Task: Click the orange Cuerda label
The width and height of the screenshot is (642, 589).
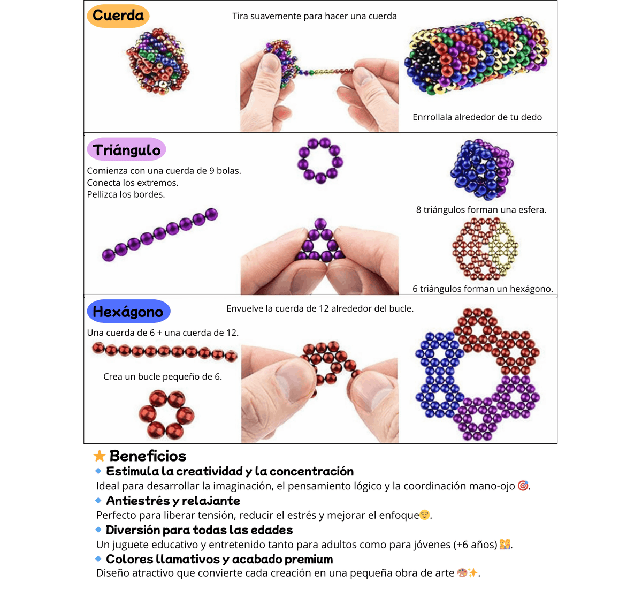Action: tap(118, 16)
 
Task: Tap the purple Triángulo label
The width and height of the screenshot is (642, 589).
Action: tap(126, 149)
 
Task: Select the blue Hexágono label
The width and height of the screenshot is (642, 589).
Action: tap(128, 311)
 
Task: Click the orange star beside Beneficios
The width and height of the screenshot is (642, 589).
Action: tap(100, 456)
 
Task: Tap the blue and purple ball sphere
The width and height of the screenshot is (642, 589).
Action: tap(481, 170)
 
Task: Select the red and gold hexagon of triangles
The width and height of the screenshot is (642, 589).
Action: tap(485, 249)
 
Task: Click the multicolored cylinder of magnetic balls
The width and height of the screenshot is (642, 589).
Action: tap(477, 55)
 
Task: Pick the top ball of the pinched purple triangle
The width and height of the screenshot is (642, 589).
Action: tap(320, 224)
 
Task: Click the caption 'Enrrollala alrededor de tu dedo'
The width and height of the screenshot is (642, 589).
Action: tap(477, 117)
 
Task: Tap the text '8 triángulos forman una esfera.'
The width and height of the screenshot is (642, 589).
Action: tap(481, 209)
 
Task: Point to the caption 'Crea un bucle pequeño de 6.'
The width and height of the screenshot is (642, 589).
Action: tap(163, 376)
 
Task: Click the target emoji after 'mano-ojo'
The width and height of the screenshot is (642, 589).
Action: tap(523, 486)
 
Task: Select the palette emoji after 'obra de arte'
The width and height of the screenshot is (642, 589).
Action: tap(462, 572)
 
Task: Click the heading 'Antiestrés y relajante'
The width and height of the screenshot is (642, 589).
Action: tap(173, 501)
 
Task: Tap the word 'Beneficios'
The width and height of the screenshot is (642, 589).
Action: tap(148, 456)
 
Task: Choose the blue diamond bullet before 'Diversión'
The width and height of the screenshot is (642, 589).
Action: tap(98, 530)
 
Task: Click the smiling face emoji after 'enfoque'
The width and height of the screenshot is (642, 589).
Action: tap(424, 515)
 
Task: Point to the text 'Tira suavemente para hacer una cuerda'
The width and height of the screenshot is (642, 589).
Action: tap(314, 16)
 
